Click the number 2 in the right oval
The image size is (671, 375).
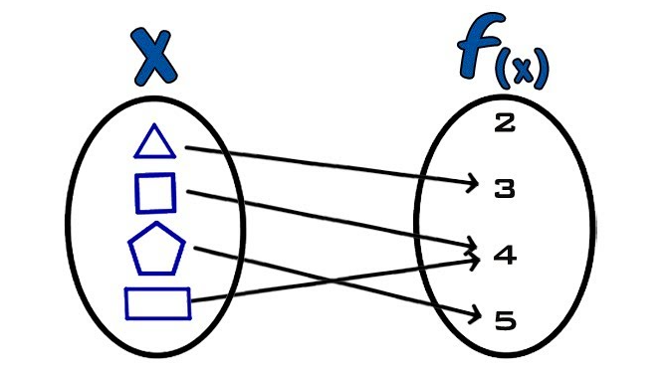coord(505,122)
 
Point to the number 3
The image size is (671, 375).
coord(505,189)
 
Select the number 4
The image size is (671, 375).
coord(505,256)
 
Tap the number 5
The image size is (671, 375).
coord(506,320)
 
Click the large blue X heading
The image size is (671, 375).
coord(155,57)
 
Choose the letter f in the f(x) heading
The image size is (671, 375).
coord(479,46)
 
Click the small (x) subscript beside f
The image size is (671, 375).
coord(522,69)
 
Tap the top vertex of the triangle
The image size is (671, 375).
coord(154,124)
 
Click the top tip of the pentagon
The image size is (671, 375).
coord(157,223)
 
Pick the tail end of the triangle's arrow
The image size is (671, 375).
coord(186,148)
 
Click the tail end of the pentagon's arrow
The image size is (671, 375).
coord(195,247)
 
